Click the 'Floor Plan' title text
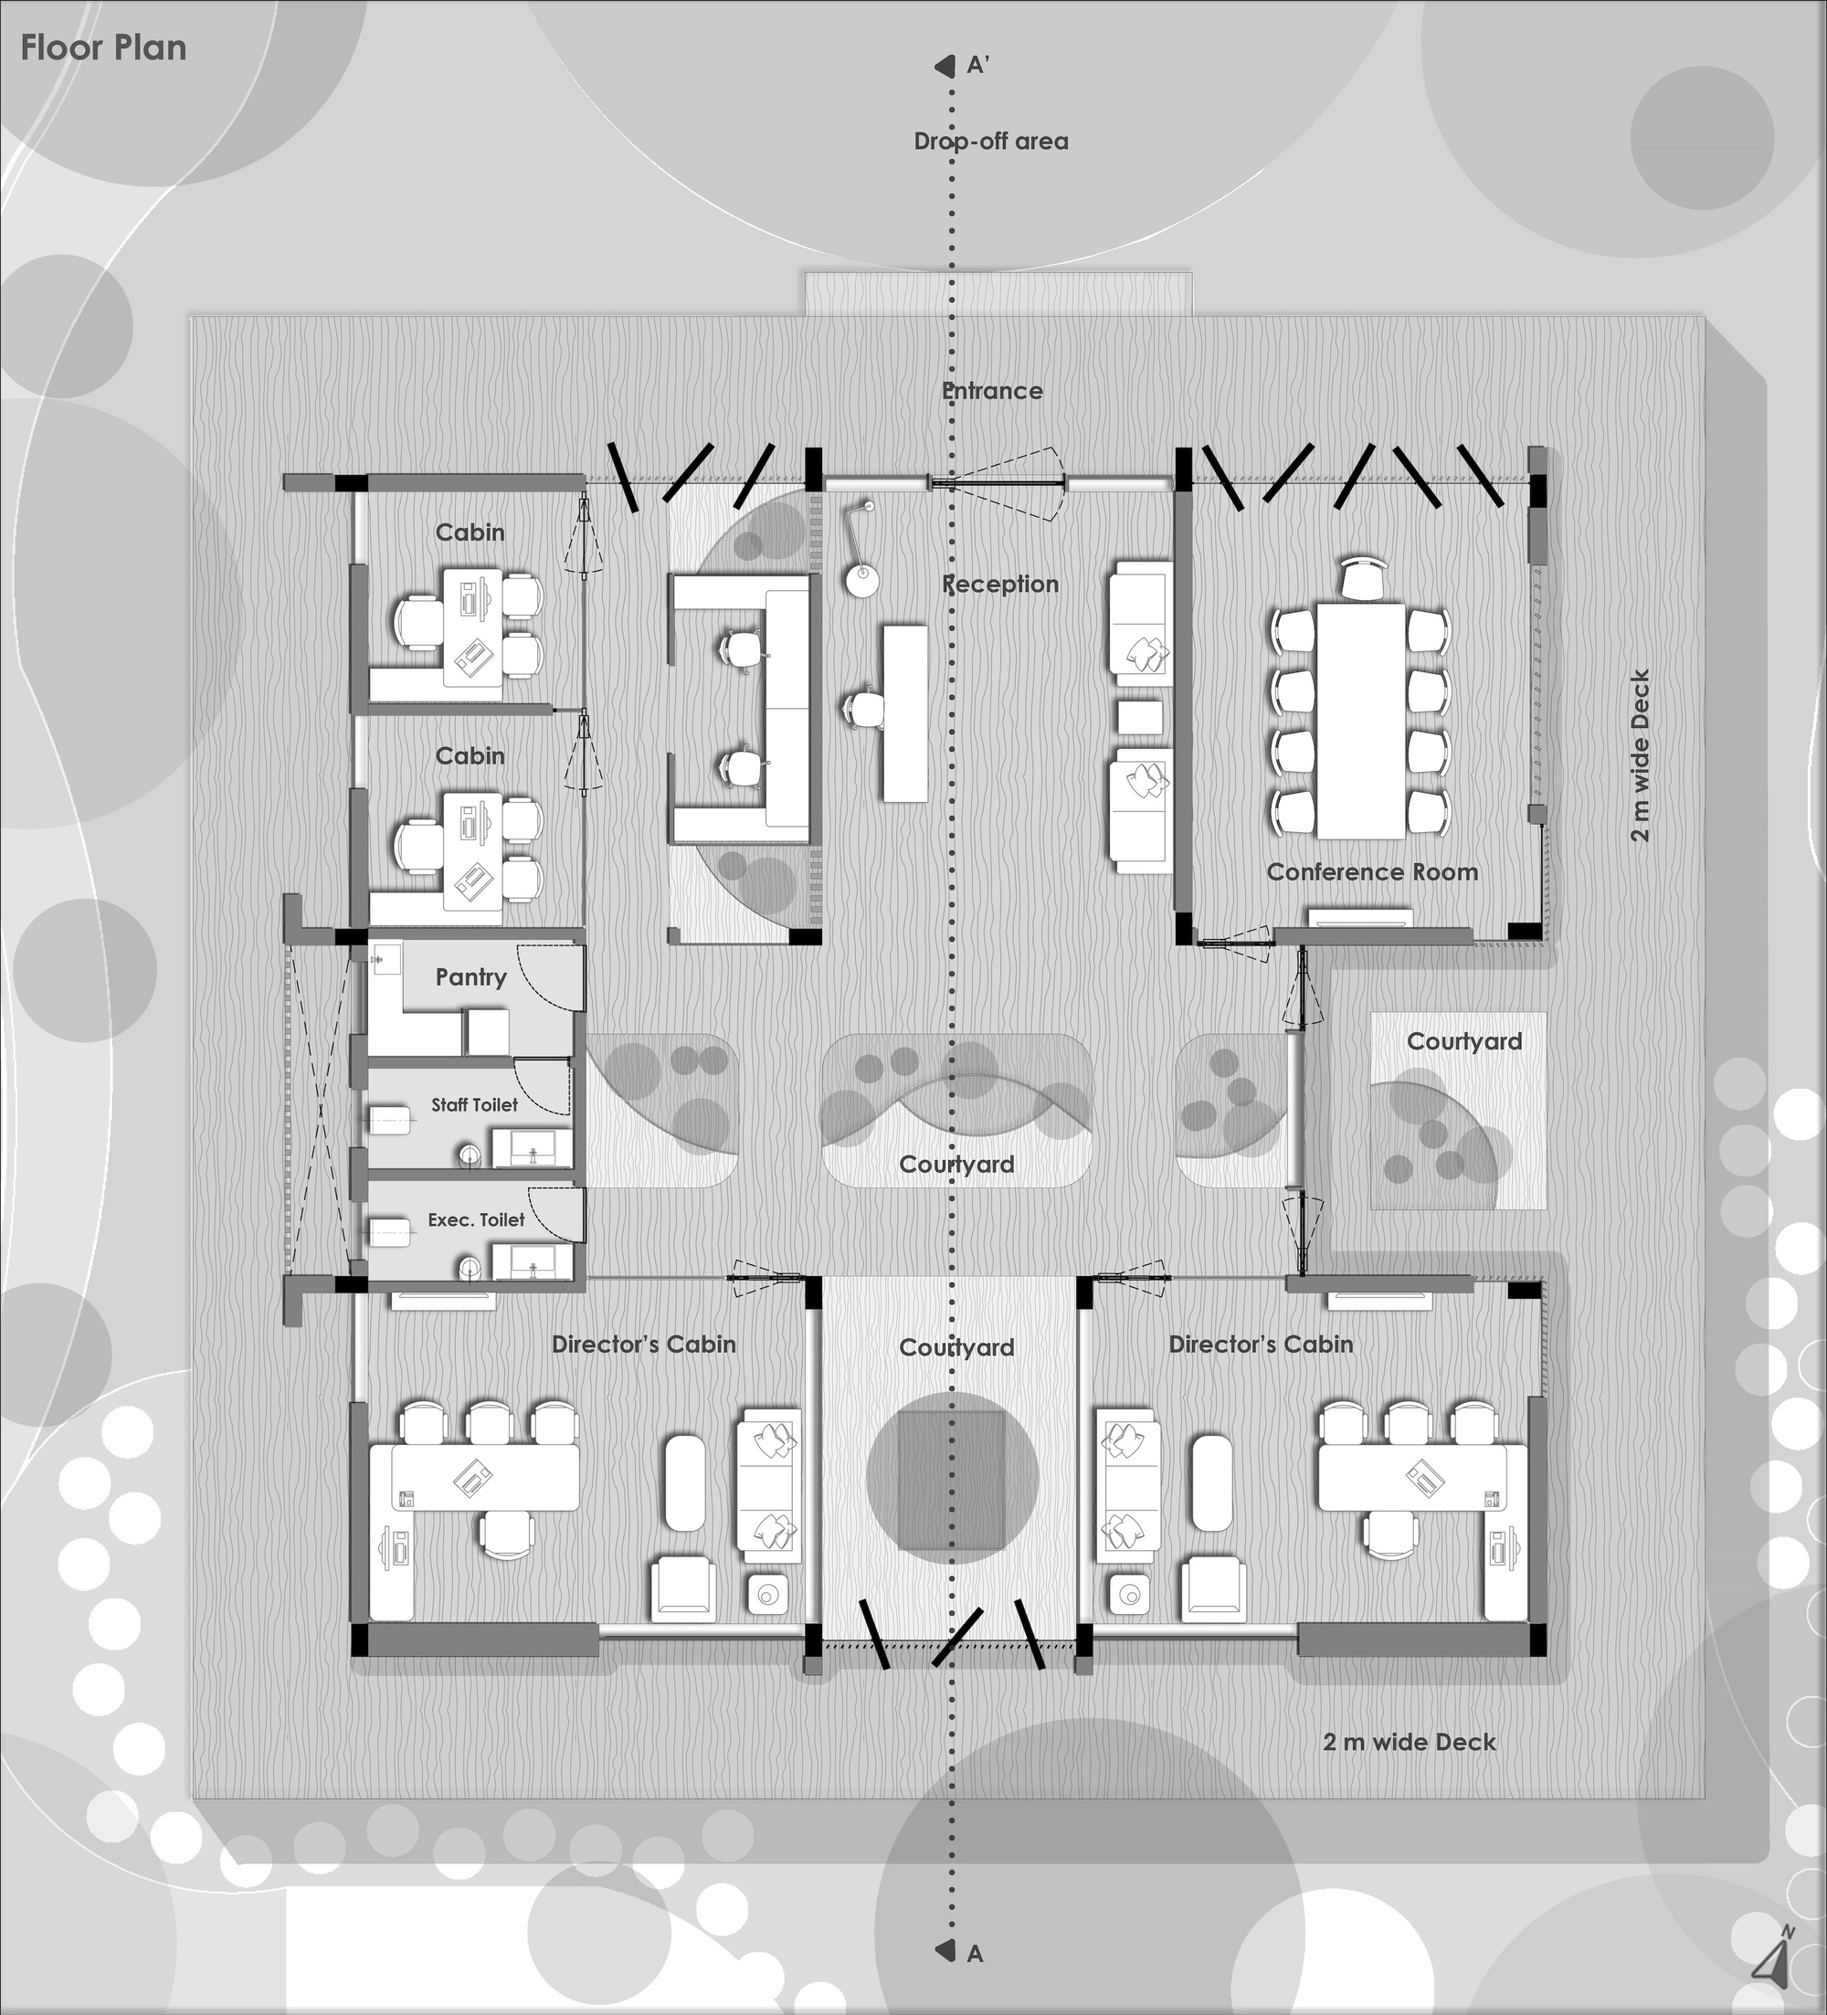click(103, 48)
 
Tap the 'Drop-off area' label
click(990, 141)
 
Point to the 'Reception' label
click(1000, 584)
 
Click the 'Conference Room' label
click(1371, 871)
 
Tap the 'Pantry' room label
click(470, 976)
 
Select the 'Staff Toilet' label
click(474, 1104)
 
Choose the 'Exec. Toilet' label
click(476, 1219)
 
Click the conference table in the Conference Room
click(1359, 719)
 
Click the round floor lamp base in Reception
click(861, 581)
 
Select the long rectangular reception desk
click(904, 712)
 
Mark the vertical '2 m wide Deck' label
click(1639, 755)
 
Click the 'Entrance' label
click(992, 391)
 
